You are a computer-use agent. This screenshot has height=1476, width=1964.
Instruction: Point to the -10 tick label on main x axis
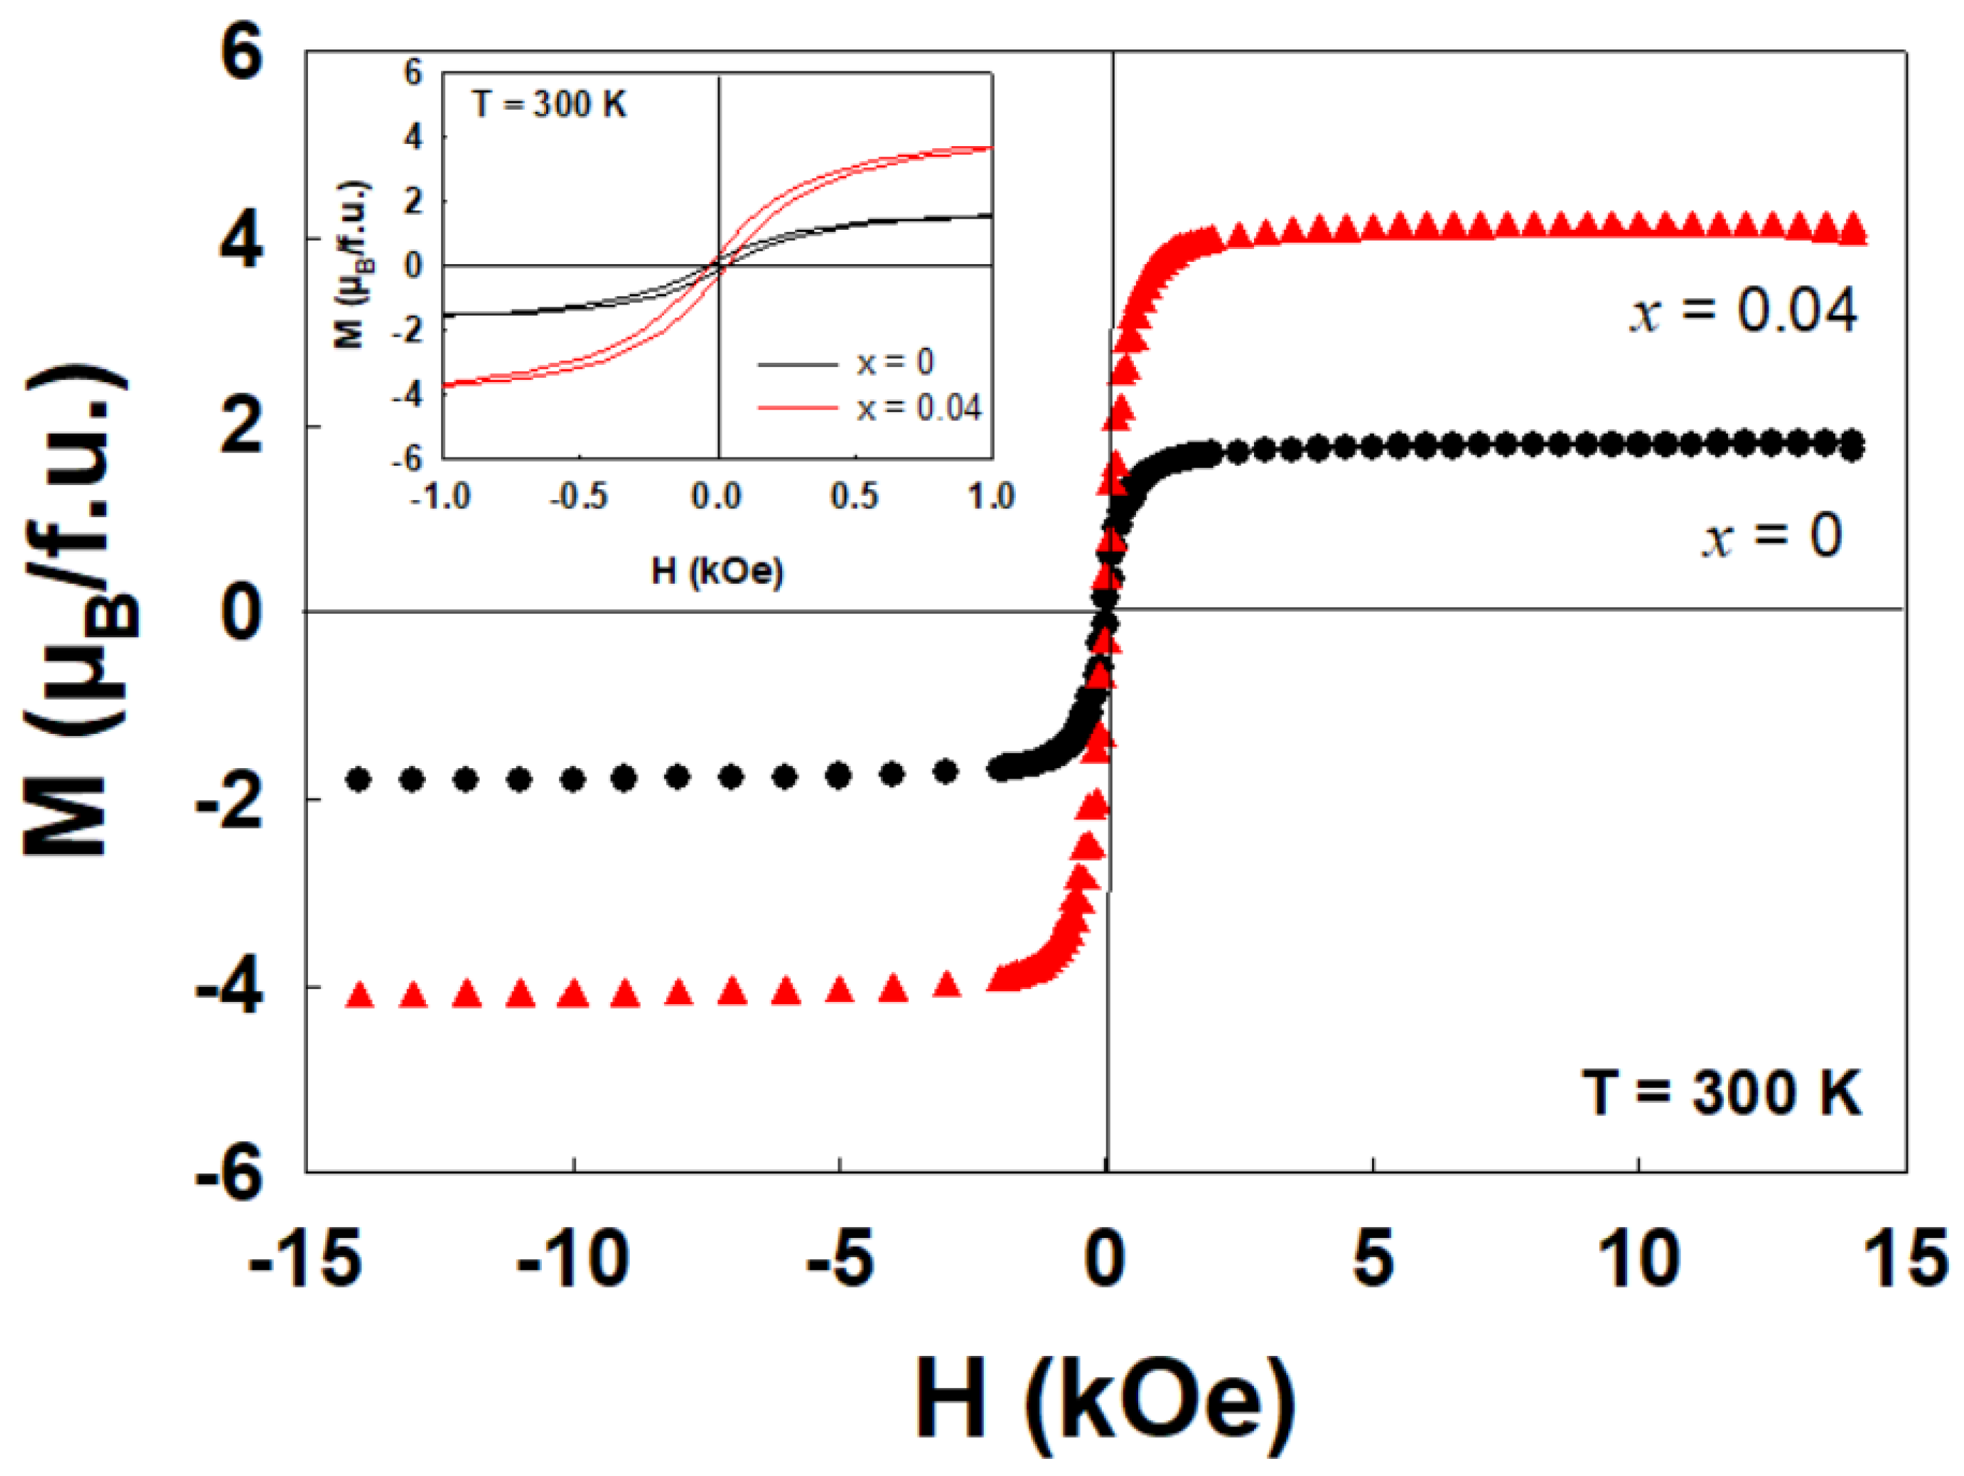[573, 1259]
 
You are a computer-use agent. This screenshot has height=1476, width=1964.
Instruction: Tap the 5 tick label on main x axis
[1373, 1259]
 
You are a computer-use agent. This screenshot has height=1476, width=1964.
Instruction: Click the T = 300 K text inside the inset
[549, 105]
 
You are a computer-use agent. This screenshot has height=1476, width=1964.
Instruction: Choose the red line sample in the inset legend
[797, 408]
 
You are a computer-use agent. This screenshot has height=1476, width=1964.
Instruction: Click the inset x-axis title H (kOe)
[718, 571]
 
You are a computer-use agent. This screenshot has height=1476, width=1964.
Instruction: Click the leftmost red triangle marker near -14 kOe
[359, 995]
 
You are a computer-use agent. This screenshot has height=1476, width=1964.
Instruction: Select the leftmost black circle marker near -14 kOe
[359, 780]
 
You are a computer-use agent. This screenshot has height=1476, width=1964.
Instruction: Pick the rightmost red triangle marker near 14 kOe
[1853, 230]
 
